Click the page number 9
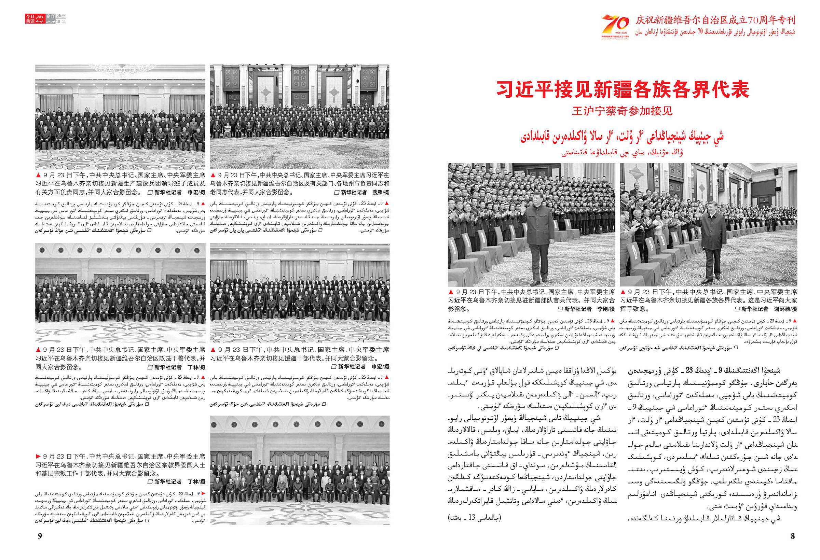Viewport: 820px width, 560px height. [x=40, y=536]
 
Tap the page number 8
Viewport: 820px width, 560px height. [x=792, y=536]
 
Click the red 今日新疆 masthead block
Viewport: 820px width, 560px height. [x=30, y=19]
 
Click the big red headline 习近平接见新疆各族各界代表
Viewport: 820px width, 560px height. [x=623, y=89]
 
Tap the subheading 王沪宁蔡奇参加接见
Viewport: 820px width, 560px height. [x=623, y=111]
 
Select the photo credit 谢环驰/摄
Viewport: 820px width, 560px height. [x=785, y=309]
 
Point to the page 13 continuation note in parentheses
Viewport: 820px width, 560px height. [x=474, y=518]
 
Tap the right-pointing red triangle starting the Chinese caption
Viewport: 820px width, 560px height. [x=38, y=456]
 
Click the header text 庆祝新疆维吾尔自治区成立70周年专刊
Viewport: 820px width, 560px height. [x=715, y=20]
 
